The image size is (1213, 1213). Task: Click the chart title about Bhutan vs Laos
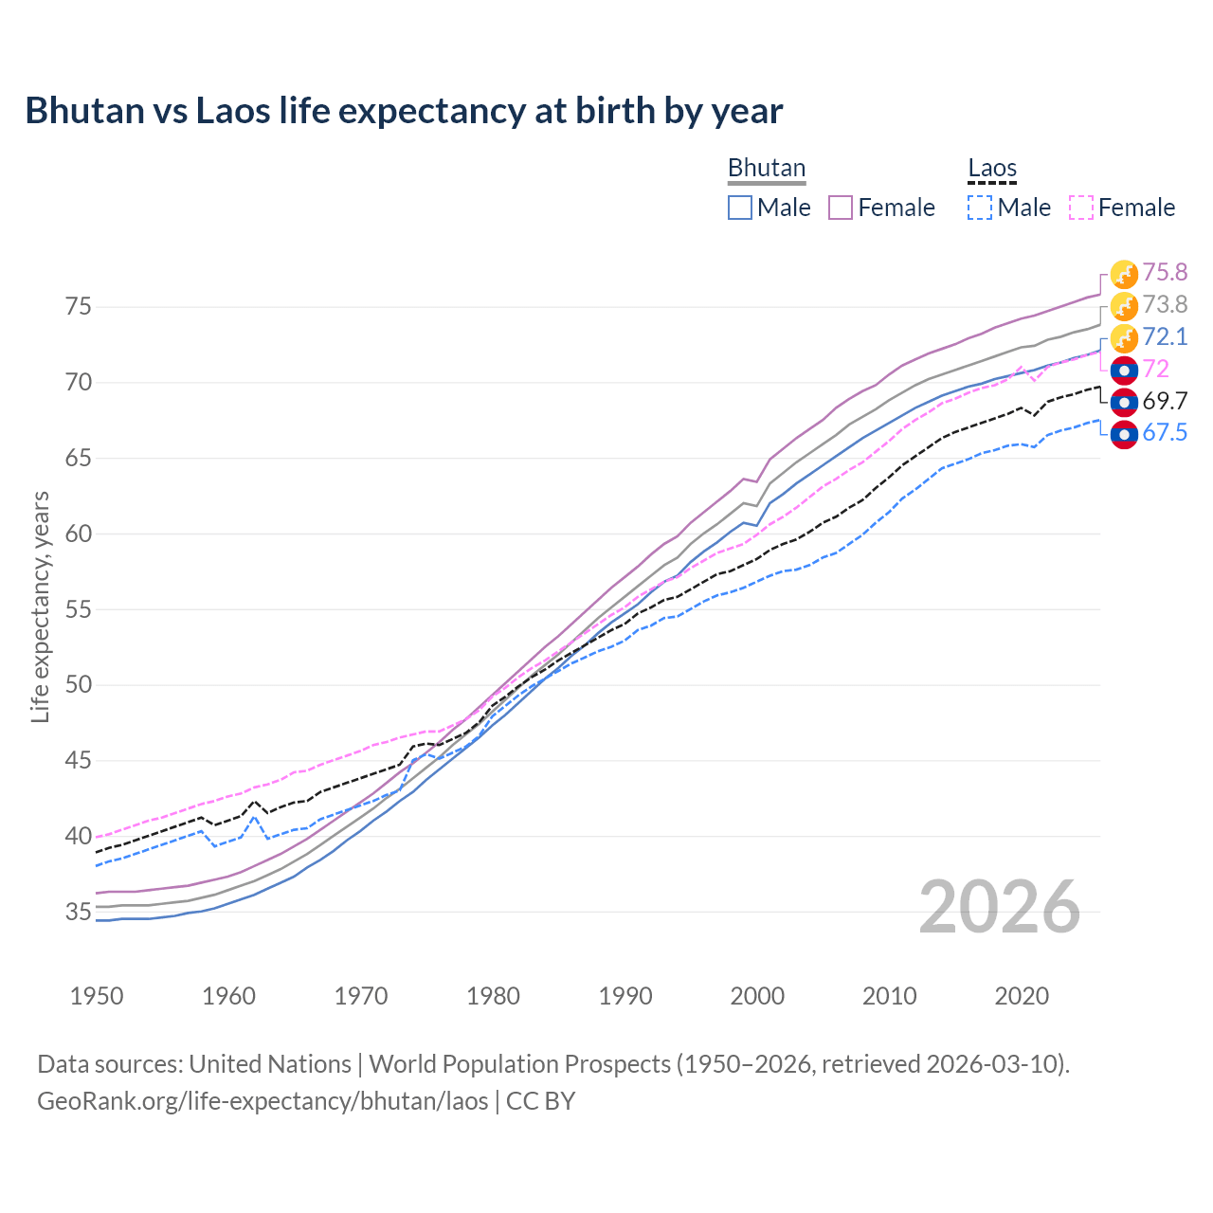[x=404, y=111]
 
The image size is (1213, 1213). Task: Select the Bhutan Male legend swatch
[x=740, y=208]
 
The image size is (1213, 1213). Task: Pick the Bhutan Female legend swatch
[x=841, y=208]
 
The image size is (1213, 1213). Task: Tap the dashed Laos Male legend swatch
[x=980, y=208]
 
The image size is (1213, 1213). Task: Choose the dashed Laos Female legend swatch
[x=1081, y=208]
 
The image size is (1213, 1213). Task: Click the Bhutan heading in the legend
[x=766, y=169]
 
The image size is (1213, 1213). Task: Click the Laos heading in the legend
[x=992, y=169]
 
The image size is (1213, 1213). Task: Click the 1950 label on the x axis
[x=97, y=996]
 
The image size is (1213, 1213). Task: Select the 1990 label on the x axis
[x=625, y=996]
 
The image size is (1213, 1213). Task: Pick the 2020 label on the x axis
[x=1022, y=996]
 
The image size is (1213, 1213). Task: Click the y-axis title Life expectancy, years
[x=40, y=606]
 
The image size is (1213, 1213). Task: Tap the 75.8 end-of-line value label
[x=1165, y=273]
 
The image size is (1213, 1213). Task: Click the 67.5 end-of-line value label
[x=1165, y=433]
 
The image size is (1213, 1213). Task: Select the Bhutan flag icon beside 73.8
[x=1124, y=306]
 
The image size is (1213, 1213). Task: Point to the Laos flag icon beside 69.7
[x=1124, y=403]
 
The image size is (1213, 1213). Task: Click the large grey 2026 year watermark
[x=1000, y=907]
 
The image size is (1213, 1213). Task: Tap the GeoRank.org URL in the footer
[x=263, y=1101]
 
